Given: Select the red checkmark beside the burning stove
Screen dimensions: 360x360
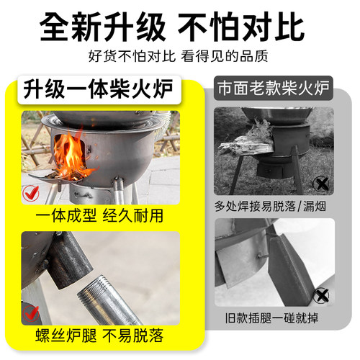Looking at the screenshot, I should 30,192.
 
